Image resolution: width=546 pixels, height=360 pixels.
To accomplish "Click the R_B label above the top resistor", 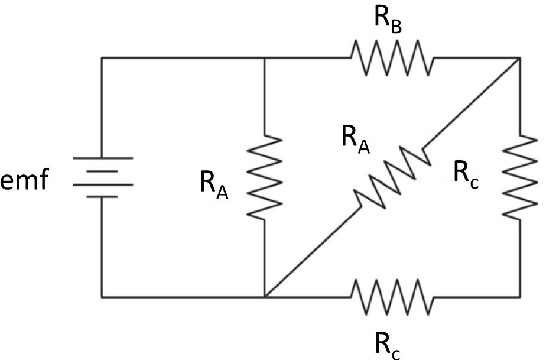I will [387, 19].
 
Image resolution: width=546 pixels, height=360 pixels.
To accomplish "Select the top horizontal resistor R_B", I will [392, 57].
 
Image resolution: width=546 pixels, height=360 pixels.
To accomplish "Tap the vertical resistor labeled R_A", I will [264, 176].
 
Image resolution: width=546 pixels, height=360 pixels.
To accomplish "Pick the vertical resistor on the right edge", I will [520, 176].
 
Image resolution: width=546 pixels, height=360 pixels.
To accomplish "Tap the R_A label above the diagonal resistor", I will [355, 140].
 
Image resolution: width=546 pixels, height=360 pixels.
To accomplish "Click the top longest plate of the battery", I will [102, 158].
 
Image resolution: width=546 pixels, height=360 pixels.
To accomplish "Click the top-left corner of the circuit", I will [102, 58].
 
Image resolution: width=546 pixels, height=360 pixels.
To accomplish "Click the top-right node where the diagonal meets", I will [519, 58].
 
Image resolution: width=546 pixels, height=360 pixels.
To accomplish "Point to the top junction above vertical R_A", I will [264, 58].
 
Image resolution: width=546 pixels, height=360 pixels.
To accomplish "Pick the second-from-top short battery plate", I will [102, 171].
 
